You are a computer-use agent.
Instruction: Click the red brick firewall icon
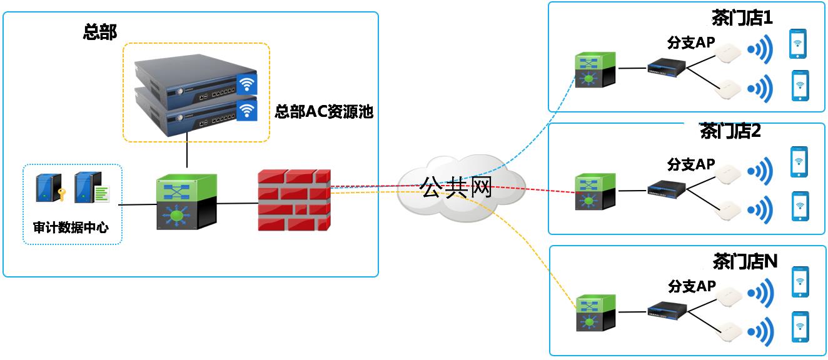(x=294, y=200)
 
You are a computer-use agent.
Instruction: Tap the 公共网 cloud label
(x=457, y=187)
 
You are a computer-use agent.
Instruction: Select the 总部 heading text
(x=100, y=32)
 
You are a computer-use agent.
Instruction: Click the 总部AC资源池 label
(x=324, y=112)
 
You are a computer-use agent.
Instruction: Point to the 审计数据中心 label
(x=71, y=227)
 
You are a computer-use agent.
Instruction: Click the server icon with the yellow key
(x=48, y=187)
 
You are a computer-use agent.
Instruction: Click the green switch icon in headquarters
(x=186, y=201)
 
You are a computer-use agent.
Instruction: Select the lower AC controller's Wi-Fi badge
(x=246, y=111)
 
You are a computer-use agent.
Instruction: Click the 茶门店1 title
(x=742, y=17)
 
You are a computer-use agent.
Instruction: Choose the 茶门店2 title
(x=730, y=131)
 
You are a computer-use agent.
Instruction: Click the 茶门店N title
(x=745, y=260)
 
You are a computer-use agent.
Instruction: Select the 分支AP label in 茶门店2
(x=690, y=164)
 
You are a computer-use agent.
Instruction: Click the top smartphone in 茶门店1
(x=797, y=44)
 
